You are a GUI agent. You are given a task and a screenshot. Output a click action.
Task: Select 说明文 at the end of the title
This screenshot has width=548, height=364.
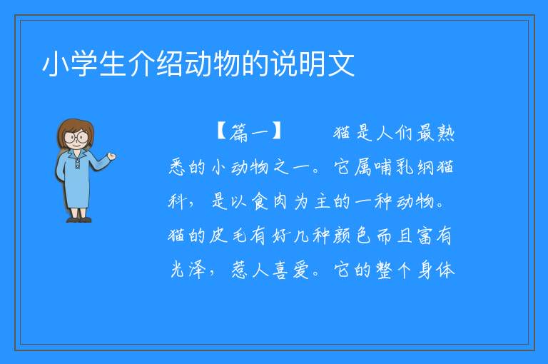313,64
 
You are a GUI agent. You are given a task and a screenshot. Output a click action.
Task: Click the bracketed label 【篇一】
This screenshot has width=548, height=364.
249,132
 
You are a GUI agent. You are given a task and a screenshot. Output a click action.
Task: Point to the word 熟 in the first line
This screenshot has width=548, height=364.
445,133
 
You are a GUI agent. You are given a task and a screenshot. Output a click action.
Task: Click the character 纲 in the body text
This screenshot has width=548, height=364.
425,167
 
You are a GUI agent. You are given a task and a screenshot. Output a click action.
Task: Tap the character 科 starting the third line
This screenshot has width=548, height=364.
177,201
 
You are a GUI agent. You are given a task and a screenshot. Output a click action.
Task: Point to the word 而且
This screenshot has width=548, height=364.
394,236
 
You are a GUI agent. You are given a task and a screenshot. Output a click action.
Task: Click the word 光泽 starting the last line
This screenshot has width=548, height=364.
188,270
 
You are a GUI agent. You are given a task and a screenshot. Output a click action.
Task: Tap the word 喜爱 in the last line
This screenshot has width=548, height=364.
291,270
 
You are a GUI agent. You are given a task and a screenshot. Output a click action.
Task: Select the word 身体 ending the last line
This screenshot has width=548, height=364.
436,270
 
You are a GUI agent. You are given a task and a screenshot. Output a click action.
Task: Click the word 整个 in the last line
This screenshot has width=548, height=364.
394,270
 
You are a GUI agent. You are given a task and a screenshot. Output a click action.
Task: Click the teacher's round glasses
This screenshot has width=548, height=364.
76,137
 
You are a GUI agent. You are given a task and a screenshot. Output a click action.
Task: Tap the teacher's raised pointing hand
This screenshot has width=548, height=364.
111,156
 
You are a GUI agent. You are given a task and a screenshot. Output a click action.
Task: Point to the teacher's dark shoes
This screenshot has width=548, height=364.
79,220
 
